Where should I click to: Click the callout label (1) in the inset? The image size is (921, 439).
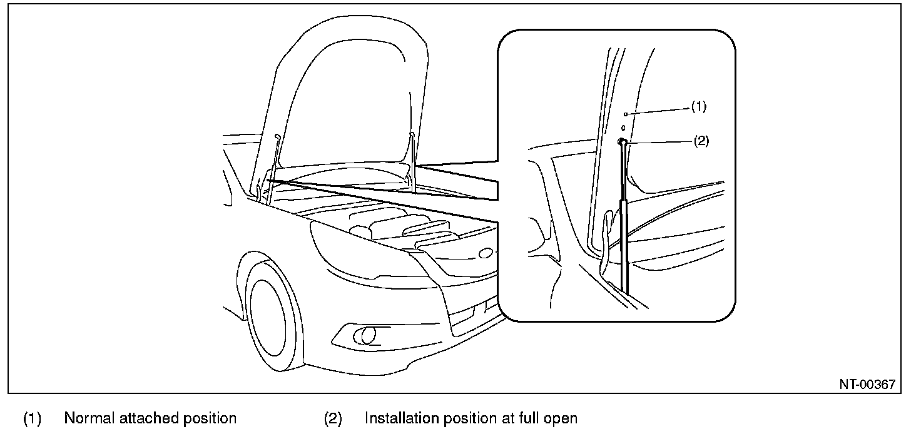[x=698, y=107]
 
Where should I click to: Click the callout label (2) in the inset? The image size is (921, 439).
[x=701, y=141]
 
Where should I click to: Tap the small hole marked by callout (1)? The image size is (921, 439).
[x=626, y=114]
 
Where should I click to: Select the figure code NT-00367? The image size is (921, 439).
[x=867, y=385]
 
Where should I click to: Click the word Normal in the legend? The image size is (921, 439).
[x=89, y=418]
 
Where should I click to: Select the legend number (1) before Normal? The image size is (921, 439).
[x=32, y=418]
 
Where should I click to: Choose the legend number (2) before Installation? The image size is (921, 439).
[x=333, y=418]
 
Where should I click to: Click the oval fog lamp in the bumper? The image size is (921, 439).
[x=365, y=335]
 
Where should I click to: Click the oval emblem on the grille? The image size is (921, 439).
[x=486, y=253]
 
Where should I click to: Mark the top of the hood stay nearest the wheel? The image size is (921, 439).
[x=277, y=136]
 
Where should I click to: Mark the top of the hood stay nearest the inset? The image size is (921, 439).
[x=412, y=134]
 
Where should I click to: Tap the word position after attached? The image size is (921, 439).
[x=210, y=419]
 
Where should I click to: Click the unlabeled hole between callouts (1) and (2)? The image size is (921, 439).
[x=623, y=128]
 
